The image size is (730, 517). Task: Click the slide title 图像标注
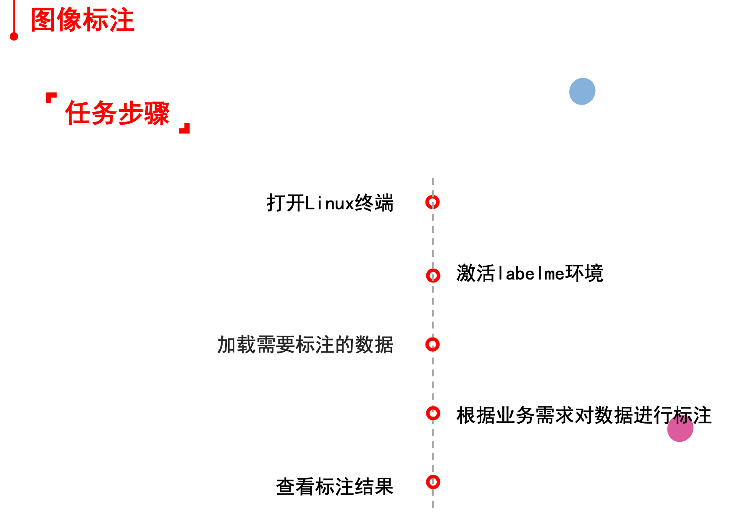[82, 20]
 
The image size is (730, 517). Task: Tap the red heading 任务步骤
[117, 113]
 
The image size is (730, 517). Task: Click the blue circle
[582, 91]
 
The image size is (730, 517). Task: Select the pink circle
[680, 429]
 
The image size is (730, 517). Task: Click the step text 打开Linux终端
[330, 203]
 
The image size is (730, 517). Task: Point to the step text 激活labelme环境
[529, 274]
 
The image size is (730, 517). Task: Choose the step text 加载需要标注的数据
[305, 345]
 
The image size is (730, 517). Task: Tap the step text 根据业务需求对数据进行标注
[584, 415]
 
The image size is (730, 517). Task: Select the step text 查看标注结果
[334, 487]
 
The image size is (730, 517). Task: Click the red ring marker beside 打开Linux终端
[432, 202]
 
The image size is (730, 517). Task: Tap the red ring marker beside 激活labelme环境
[433, 276]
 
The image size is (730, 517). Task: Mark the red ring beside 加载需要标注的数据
[432, 345]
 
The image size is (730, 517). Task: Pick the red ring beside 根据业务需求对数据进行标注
[433, 413]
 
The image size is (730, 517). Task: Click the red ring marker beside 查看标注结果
[433, 482]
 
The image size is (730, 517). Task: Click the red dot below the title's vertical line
[14, 37]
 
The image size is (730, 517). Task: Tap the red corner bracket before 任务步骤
[50, 98]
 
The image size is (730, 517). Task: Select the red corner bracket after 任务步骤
[185, 128]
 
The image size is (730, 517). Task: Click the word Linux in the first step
[329, 203]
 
